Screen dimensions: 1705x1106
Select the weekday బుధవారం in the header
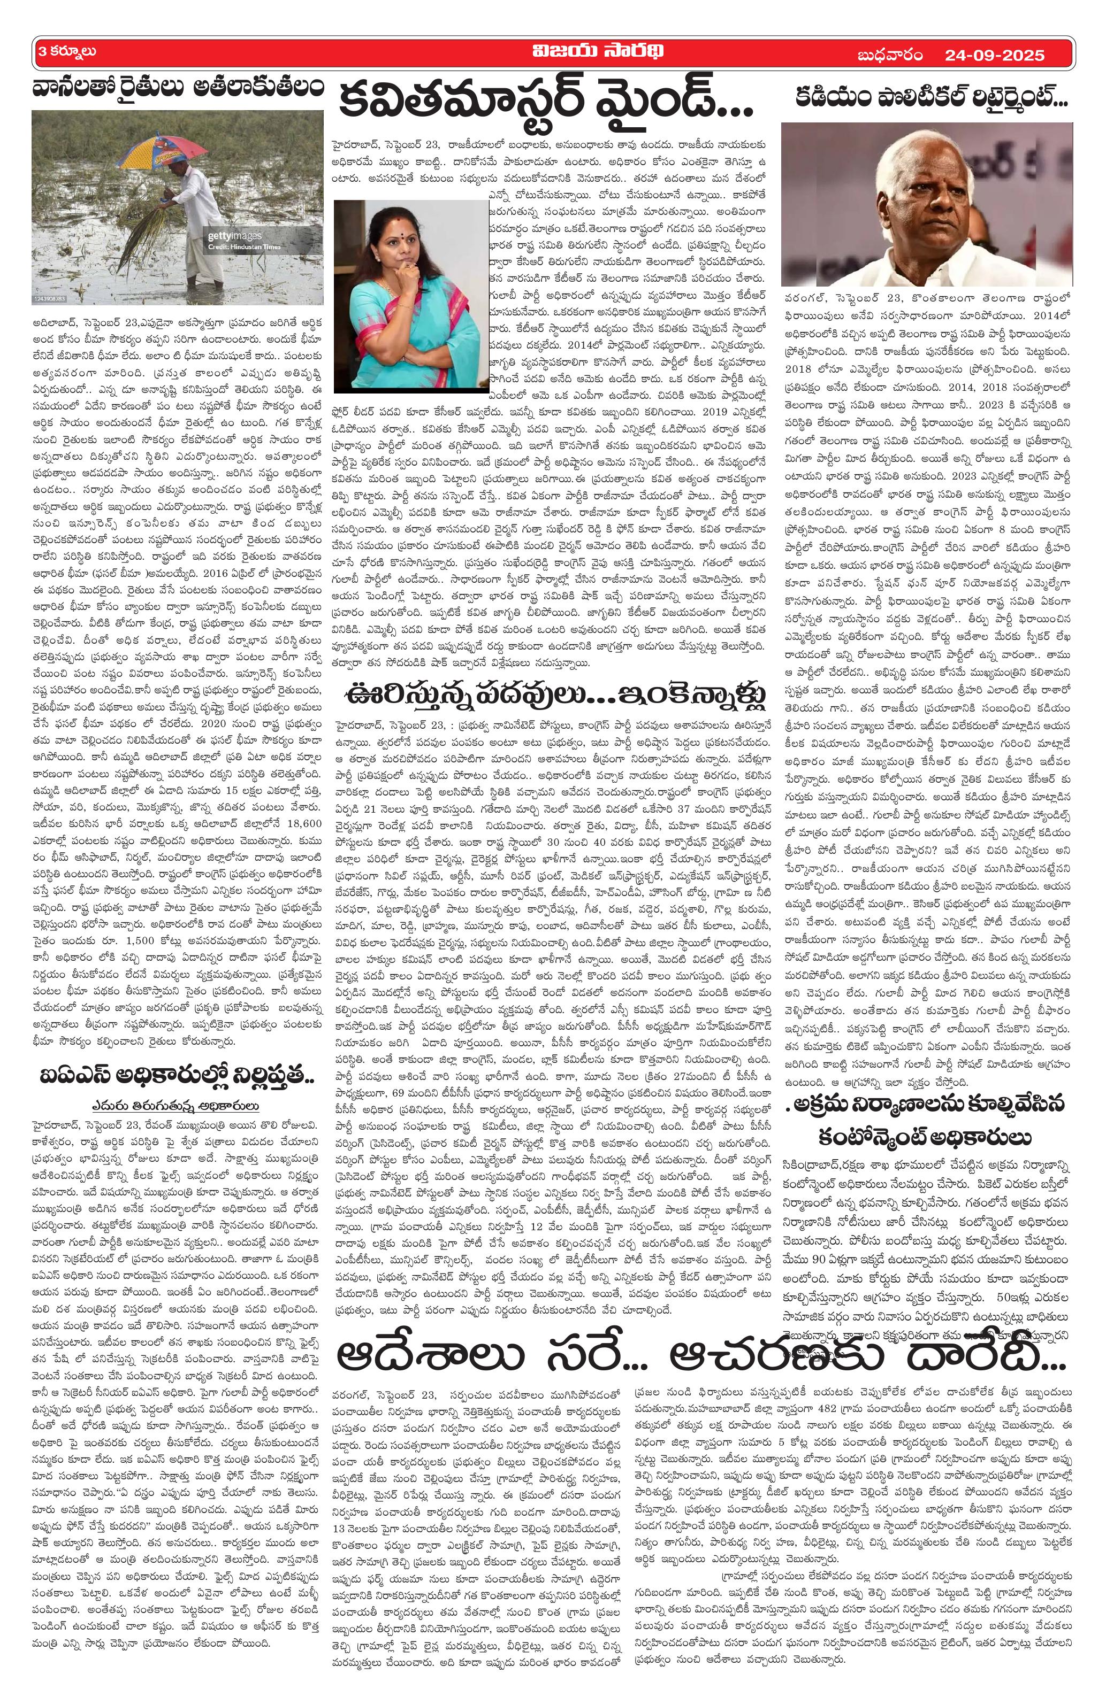tap(889, 55)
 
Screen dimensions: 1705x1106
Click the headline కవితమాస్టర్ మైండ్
tap(545, 101)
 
